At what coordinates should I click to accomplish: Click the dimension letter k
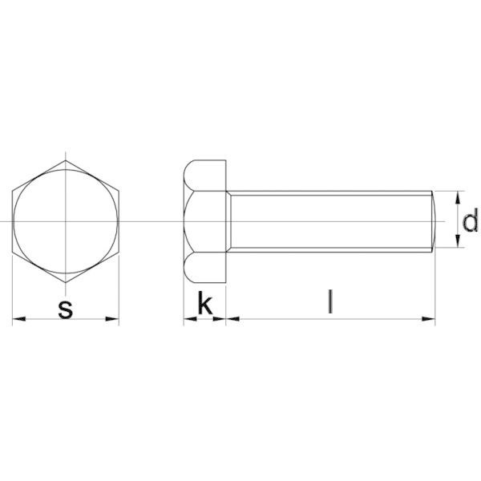click(205, 305)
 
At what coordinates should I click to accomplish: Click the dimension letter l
click(329, 302)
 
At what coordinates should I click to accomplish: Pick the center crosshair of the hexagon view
click(66, 220)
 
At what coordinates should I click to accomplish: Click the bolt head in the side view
click(205, 220)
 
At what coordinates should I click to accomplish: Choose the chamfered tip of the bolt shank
click(433, 220)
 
